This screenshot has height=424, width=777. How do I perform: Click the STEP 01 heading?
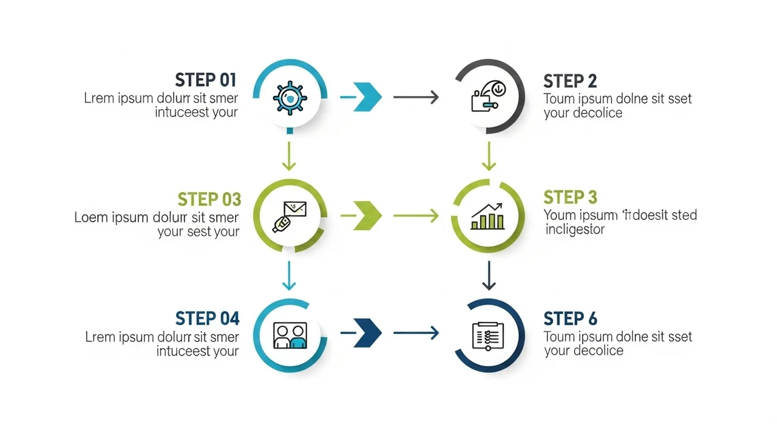point(205,80)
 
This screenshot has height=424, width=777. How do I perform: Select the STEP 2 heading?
point(570,81)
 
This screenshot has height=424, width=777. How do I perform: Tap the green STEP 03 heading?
point(209,199)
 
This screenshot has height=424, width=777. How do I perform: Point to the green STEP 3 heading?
point(570,197)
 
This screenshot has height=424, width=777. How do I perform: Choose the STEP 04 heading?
point(207,318)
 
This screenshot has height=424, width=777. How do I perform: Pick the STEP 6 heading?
point(570,318)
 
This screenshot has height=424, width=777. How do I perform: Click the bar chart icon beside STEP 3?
point(488,217)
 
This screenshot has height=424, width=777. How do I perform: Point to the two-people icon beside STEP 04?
point(290,335)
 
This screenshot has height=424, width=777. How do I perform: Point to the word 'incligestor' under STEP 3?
point(575,230)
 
